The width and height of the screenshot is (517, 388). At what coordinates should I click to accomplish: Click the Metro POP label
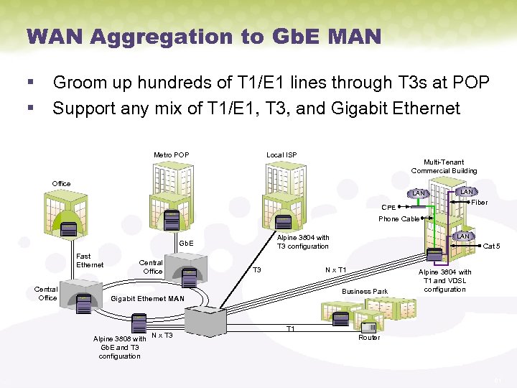tap(171, 155)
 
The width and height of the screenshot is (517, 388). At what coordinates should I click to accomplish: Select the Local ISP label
tap(281, 155)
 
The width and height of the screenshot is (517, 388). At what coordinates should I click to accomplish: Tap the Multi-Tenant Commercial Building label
tap(444, 167)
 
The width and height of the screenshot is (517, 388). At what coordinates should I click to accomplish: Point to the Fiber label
tap(479, 203)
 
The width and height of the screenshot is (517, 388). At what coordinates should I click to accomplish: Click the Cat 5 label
tap(491, 246)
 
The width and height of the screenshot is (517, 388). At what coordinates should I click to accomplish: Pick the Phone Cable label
tap(399, 218)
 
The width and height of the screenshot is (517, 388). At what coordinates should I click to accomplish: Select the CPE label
tap(388, 208)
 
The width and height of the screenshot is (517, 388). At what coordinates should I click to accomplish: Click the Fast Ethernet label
tap(90, 260)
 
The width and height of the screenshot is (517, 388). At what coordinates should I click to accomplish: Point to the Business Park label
tap(365, 291)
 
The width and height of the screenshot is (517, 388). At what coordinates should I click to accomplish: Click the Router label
tap(369, 337)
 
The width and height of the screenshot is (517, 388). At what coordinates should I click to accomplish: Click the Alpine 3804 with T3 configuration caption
tap(303, 242)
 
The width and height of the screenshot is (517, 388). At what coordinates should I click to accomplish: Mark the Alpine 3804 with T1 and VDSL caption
tap(444, 281)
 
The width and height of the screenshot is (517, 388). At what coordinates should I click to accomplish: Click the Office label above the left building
tap(62, 184)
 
